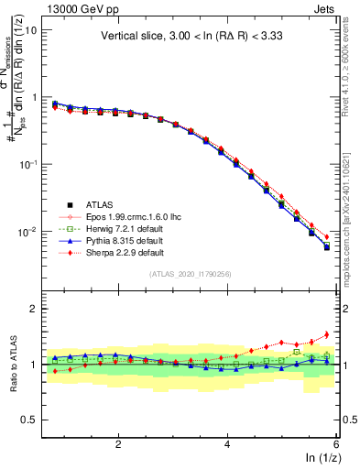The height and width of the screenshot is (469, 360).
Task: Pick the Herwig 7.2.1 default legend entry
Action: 130,228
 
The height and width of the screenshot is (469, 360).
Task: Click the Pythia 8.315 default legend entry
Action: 130,240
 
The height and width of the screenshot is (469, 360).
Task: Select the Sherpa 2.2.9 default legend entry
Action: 130,252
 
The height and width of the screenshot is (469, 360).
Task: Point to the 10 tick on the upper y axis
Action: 30,30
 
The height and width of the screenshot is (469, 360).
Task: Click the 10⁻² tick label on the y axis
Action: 27,233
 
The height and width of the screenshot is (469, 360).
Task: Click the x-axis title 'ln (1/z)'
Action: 320,457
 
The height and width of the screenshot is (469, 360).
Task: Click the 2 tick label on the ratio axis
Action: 33,310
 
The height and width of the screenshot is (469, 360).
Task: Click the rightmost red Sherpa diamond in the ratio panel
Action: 326,334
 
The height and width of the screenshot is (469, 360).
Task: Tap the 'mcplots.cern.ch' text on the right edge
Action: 352,249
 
